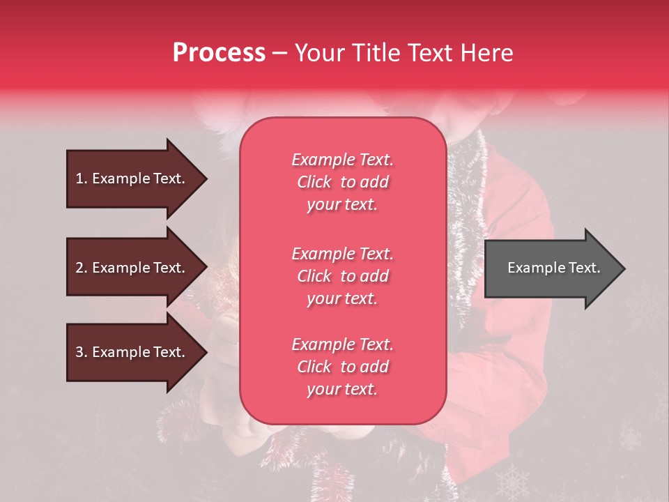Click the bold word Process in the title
coord(219,53)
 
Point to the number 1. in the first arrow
coord(82,178)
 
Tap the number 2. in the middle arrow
coord(82,268)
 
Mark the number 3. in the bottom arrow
coord(82,352)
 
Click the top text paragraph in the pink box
coord(342,182)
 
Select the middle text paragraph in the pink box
coord(342,276)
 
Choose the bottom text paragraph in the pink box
coord(342,367)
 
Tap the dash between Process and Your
coord(279,53)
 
